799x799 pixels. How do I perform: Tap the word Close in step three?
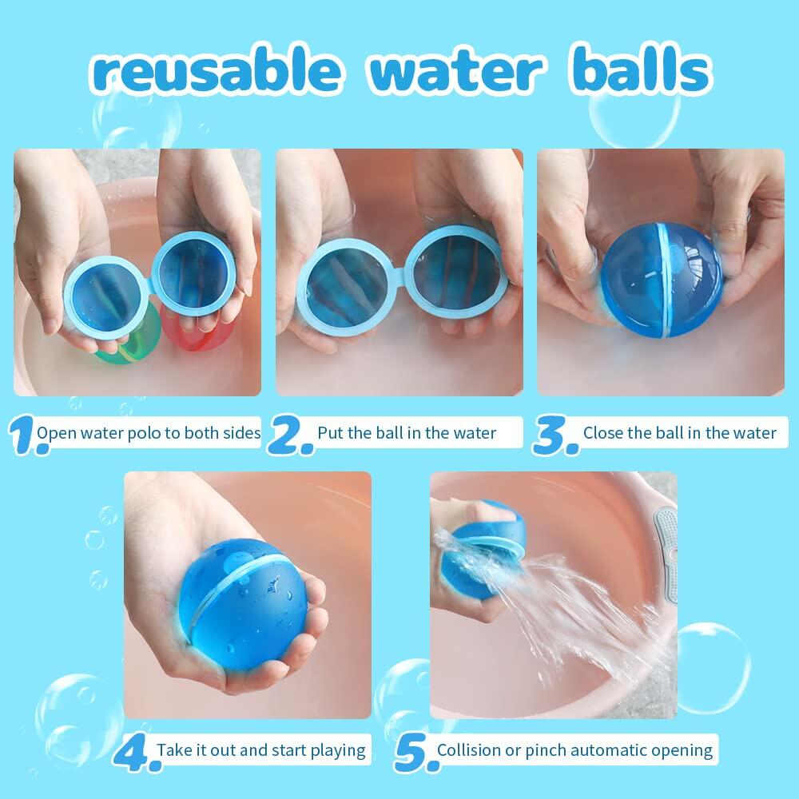[x=601, y=433]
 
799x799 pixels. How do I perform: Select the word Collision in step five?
[x=471, y=750]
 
